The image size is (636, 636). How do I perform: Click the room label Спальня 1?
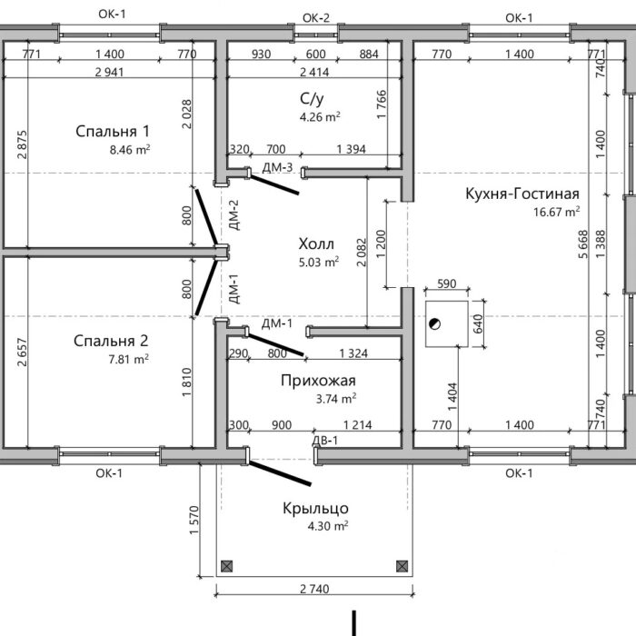point(113,132)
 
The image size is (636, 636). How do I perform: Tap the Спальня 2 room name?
point(111,341)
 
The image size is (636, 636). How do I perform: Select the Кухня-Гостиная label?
point(522,194)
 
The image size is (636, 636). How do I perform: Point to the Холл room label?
point(316,244)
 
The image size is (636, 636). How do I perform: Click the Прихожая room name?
point(318,381)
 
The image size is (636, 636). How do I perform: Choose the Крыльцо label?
point(315,508)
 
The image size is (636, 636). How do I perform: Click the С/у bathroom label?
point(312,98)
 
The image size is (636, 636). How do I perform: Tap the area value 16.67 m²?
point(556,212)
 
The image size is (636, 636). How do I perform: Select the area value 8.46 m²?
point(130,150)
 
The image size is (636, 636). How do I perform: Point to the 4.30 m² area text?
point(328,526)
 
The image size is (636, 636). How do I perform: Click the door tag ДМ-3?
point(277,167)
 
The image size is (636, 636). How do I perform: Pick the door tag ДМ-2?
point(234,215)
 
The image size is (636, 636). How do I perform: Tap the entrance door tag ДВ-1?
point(325,441)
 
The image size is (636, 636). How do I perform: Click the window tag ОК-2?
point(316,18)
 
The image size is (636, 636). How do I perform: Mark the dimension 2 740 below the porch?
point(314,589)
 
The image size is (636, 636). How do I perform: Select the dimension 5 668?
point(583,244)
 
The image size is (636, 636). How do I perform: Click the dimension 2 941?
point(109,72)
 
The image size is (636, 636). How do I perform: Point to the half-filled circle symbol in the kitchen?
point(435,324)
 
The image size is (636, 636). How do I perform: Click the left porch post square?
point(227,566)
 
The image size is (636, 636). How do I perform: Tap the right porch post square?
point(402,566)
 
